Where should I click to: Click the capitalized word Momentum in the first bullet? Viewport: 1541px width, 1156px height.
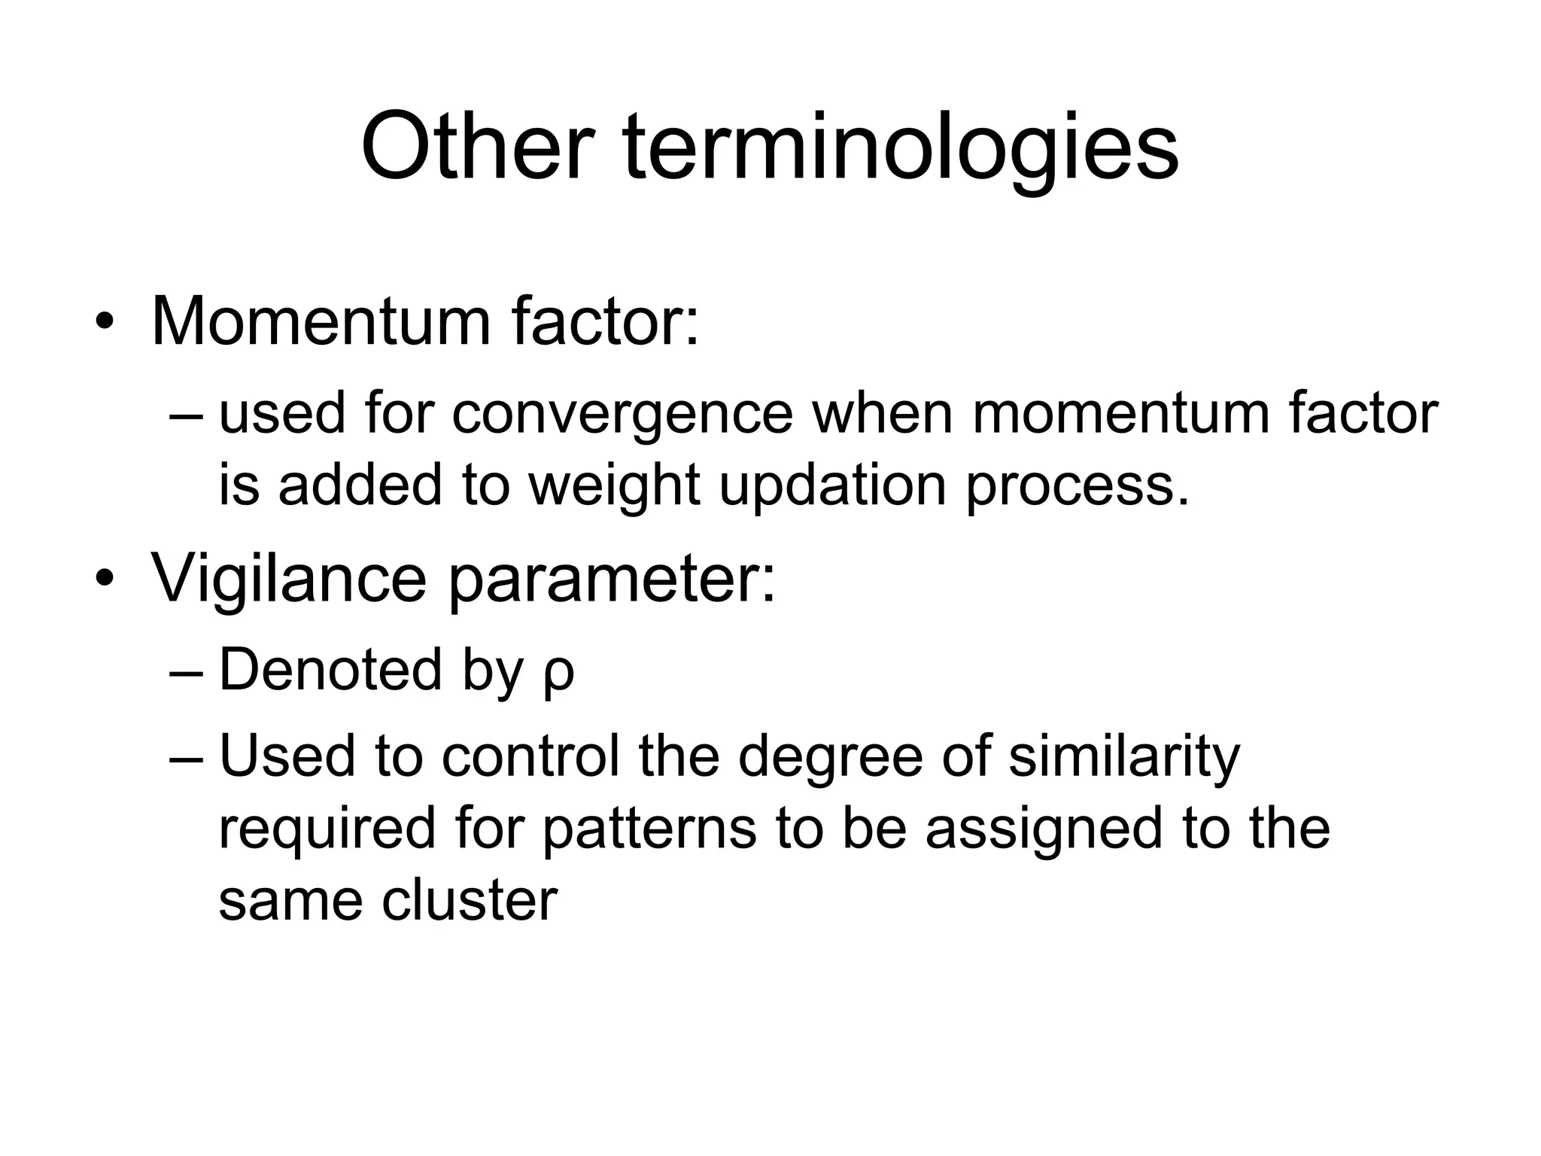point(320,321)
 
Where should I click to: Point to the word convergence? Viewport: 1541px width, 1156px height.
point(622,415)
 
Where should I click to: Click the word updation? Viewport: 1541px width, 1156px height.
point(832,485)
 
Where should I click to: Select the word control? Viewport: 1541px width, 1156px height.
point(530,756)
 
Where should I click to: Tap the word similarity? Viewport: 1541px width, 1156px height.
point(1123,756)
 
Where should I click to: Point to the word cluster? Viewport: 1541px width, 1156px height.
point(470,899)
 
